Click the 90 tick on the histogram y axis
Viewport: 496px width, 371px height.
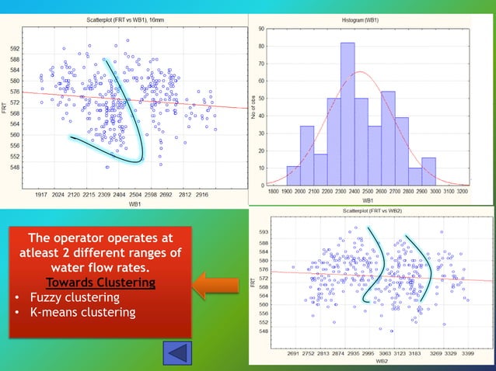261,29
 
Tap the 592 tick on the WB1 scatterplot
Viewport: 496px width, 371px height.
15,48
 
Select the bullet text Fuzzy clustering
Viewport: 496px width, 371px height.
75,297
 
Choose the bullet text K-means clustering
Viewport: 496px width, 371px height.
82,312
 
